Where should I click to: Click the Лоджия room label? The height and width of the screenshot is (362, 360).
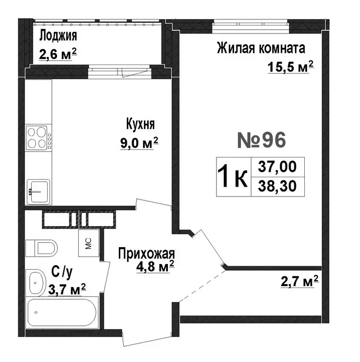58,35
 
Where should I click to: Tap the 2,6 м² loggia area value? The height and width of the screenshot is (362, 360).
58,54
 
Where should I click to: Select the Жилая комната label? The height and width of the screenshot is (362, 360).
261,48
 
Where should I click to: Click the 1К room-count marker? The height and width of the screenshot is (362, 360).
232,177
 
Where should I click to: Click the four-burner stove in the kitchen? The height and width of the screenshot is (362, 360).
39,138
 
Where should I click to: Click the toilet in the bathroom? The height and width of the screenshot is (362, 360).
41,247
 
